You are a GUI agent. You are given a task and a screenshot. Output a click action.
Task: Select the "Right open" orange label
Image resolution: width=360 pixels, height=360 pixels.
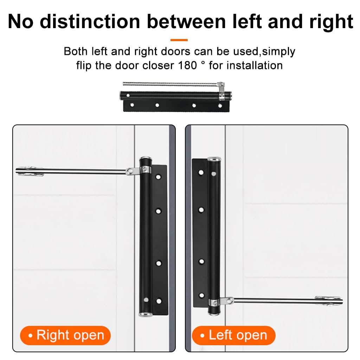coord(65,335)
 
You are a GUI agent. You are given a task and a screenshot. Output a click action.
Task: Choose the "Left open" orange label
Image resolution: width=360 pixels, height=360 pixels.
coord(233,335)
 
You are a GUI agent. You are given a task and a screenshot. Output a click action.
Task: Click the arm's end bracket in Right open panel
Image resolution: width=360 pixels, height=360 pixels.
coord(30,171)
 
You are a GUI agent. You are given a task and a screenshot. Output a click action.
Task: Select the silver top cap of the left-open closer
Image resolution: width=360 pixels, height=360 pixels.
coord(214,160)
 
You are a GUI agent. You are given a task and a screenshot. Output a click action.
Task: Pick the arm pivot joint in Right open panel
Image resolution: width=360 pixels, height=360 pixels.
coord(131,171)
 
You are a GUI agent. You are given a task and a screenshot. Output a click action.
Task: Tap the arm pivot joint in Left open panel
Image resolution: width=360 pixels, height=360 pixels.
coord(229,301)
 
